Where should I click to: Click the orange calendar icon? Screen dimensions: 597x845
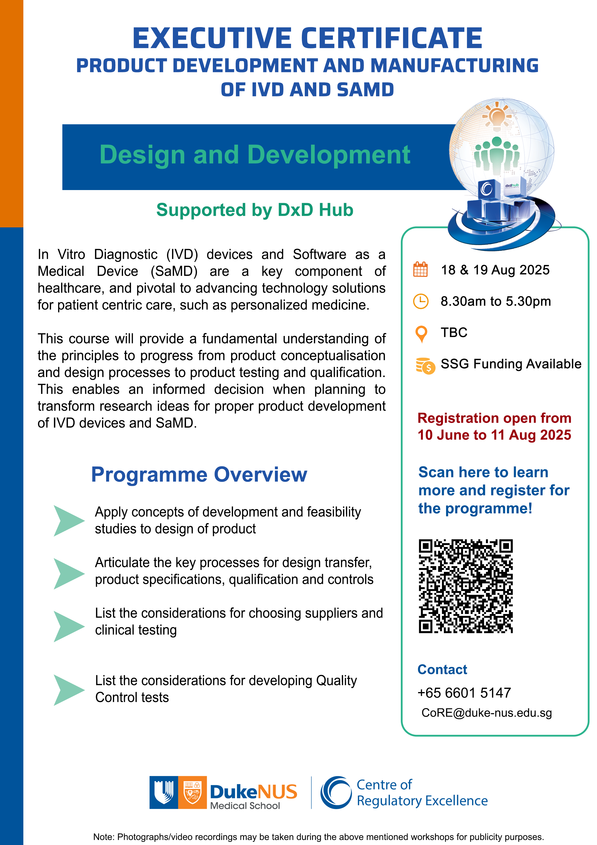[421, 269]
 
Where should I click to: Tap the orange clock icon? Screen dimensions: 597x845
[421, 301]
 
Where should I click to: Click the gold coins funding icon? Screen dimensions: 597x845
[425, 365]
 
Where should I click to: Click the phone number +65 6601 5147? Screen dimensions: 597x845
[464, 693]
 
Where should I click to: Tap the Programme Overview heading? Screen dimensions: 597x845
[199, 474]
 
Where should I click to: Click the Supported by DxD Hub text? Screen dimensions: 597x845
[255, 210]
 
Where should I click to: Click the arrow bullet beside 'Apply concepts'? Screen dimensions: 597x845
[69, 520]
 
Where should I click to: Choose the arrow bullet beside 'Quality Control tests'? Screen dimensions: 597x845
[69, 690]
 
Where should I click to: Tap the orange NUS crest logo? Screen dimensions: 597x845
[192, 792]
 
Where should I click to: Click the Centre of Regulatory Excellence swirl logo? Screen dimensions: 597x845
[336, 792]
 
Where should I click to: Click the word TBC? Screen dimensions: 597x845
[454, 332]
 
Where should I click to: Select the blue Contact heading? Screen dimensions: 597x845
[442, 669]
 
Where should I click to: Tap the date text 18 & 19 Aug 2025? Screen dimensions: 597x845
[495, 270]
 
